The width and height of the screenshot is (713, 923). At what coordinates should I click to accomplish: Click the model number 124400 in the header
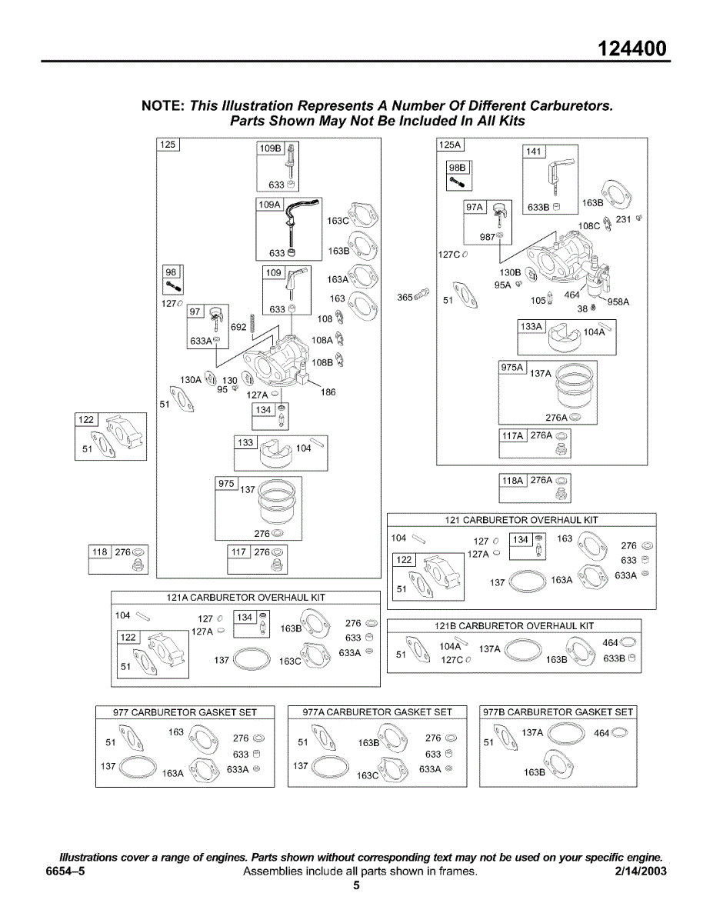tap(633, 49)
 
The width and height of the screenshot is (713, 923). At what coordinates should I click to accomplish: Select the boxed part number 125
tap(168, 145)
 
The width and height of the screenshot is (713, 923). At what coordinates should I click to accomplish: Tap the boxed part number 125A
tap(450, 145)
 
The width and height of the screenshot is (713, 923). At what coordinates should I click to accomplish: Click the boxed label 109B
tap(271, 148)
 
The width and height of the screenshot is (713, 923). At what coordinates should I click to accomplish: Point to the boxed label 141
tap(534, 152)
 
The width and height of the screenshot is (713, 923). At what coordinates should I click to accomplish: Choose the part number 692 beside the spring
tap(238, 327)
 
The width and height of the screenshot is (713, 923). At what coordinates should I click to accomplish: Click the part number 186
tap(328, 392)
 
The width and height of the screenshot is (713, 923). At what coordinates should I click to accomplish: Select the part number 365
tap(405, 298)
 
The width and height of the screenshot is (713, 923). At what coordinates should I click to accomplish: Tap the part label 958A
tap(618, 302)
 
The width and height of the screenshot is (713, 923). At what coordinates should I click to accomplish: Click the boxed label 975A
tap(512, 368)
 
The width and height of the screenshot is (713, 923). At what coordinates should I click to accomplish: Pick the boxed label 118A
tap(512, 481)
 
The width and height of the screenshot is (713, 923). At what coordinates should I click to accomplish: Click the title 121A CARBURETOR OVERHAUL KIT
tap(246, 598)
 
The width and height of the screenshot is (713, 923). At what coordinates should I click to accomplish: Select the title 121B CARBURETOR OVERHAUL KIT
tap(515, 626)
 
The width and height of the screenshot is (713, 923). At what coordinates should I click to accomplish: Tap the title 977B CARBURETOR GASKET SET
tap(558, 712)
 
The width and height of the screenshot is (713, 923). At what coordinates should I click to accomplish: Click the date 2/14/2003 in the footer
tap(640, 871)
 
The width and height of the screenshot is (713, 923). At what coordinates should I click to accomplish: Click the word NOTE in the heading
tap(162, 106)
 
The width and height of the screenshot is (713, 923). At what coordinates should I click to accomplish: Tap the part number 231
tap(624, 220)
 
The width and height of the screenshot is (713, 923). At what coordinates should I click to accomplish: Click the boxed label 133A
tap(531, 327)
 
